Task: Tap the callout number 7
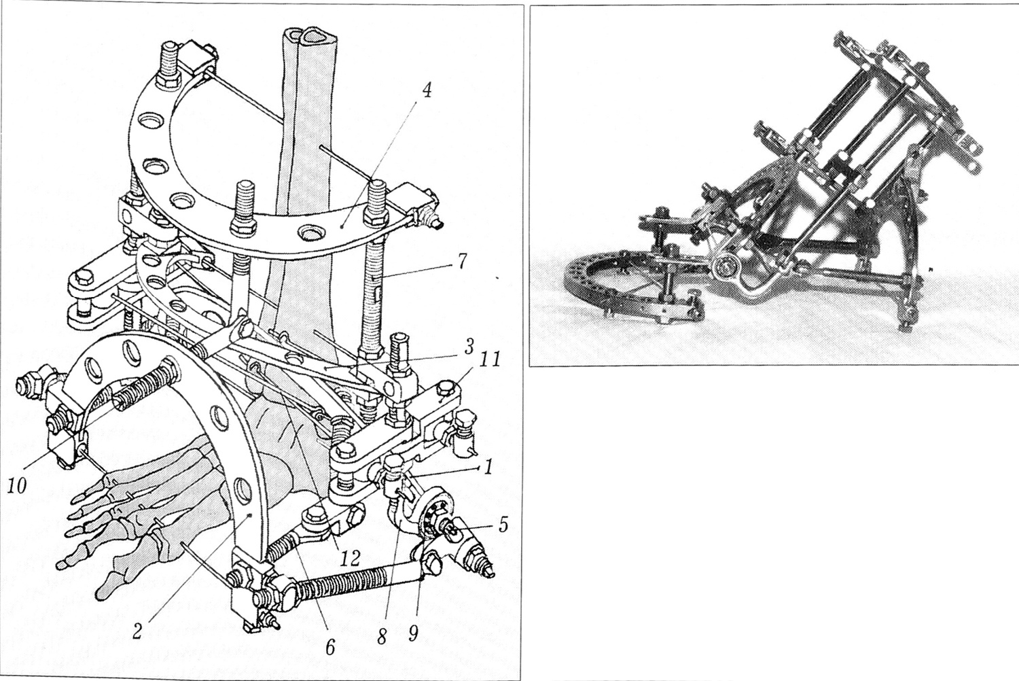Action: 462,262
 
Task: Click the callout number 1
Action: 488,468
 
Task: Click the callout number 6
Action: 330,647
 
